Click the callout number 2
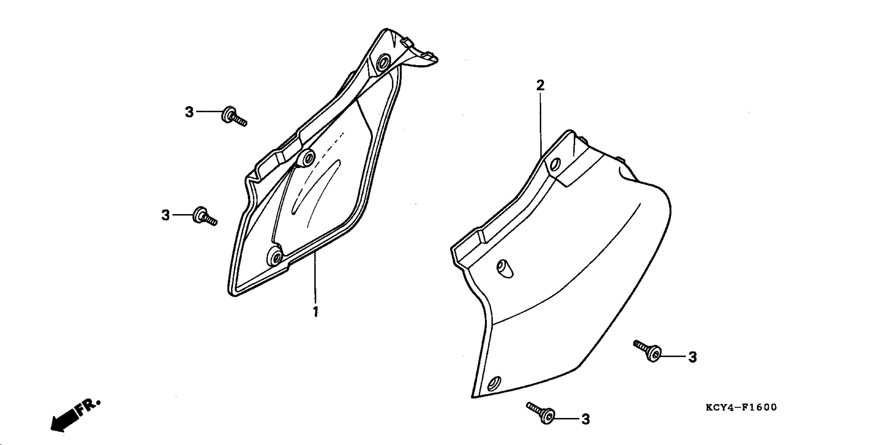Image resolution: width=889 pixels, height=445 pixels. (540, 85)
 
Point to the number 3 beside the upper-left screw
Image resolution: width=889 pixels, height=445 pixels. (189, 112)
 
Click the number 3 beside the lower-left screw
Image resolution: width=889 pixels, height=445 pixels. (166, 215)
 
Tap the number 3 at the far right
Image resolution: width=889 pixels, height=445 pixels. (692, 357)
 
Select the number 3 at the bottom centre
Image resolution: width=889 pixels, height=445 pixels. (586, 419)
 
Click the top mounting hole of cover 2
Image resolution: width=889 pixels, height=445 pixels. (555, 164)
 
